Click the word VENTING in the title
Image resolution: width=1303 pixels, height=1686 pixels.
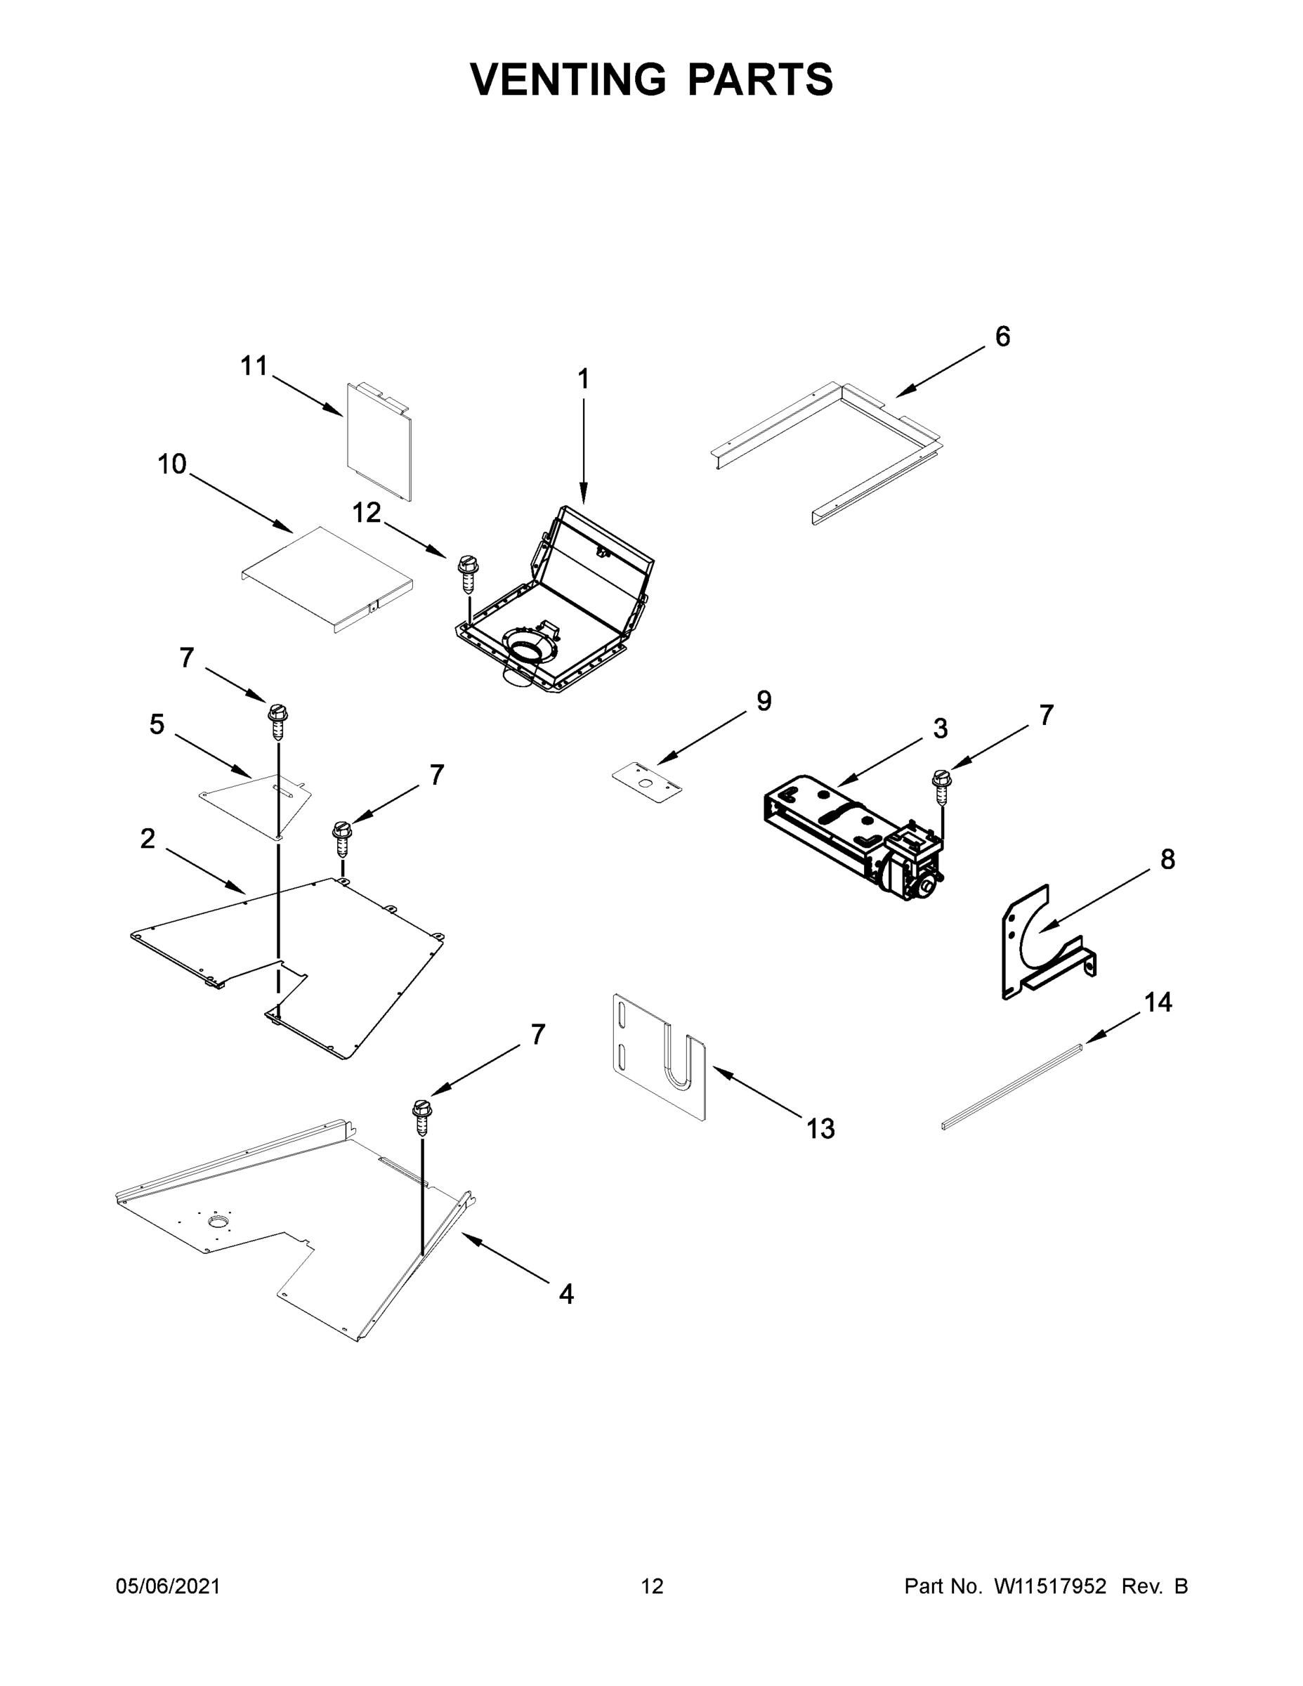(x=568, y=79)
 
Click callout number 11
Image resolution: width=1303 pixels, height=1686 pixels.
(x=254, y=366)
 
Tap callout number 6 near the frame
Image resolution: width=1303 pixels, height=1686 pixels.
(x=1002, y=336)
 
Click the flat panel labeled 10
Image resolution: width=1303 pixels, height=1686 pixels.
(x=328, y=579)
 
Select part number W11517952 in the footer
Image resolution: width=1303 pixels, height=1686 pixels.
(x=1050, y=1586)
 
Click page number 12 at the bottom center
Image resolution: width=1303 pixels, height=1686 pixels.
(x=653, y=1586)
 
